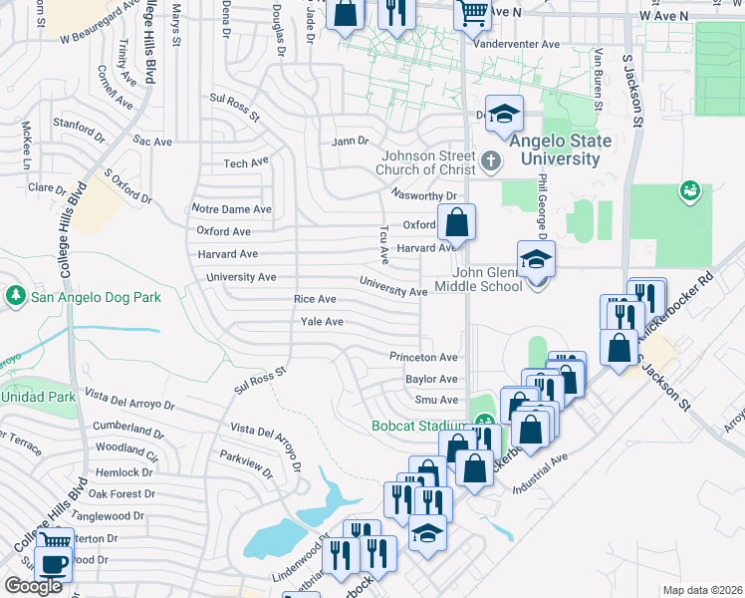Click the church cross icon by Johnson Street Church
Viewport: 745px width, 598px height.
coord(490,160)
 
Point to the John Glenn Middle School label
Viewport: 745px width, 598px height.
coord(488,279)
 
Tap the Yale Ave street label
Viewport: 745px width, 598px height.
coord(322,322)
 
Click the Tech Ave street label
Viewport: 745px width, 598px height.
coord(246,162)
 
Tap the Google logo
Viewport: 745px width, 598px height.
coord(33,586)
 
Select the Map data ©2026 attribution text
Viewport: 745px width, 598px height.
coord(702,590)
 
